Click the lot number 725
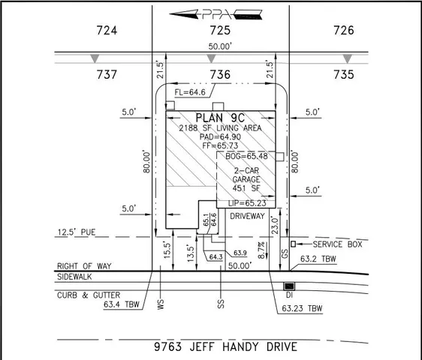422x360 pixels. [x=220, y=31]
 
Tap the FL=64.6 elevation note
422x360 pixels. [x=190, y=93]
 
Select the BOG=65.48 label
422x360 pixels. [x=246, y=156]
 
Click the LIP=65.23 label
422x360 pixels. [x=246, y=202]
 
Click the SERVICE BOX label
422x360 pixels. [x=338, y=244]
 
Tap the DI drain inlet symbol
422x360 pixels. [x=288, y=286]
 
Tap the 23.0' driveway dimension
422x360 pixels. [x=276, y=222]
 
